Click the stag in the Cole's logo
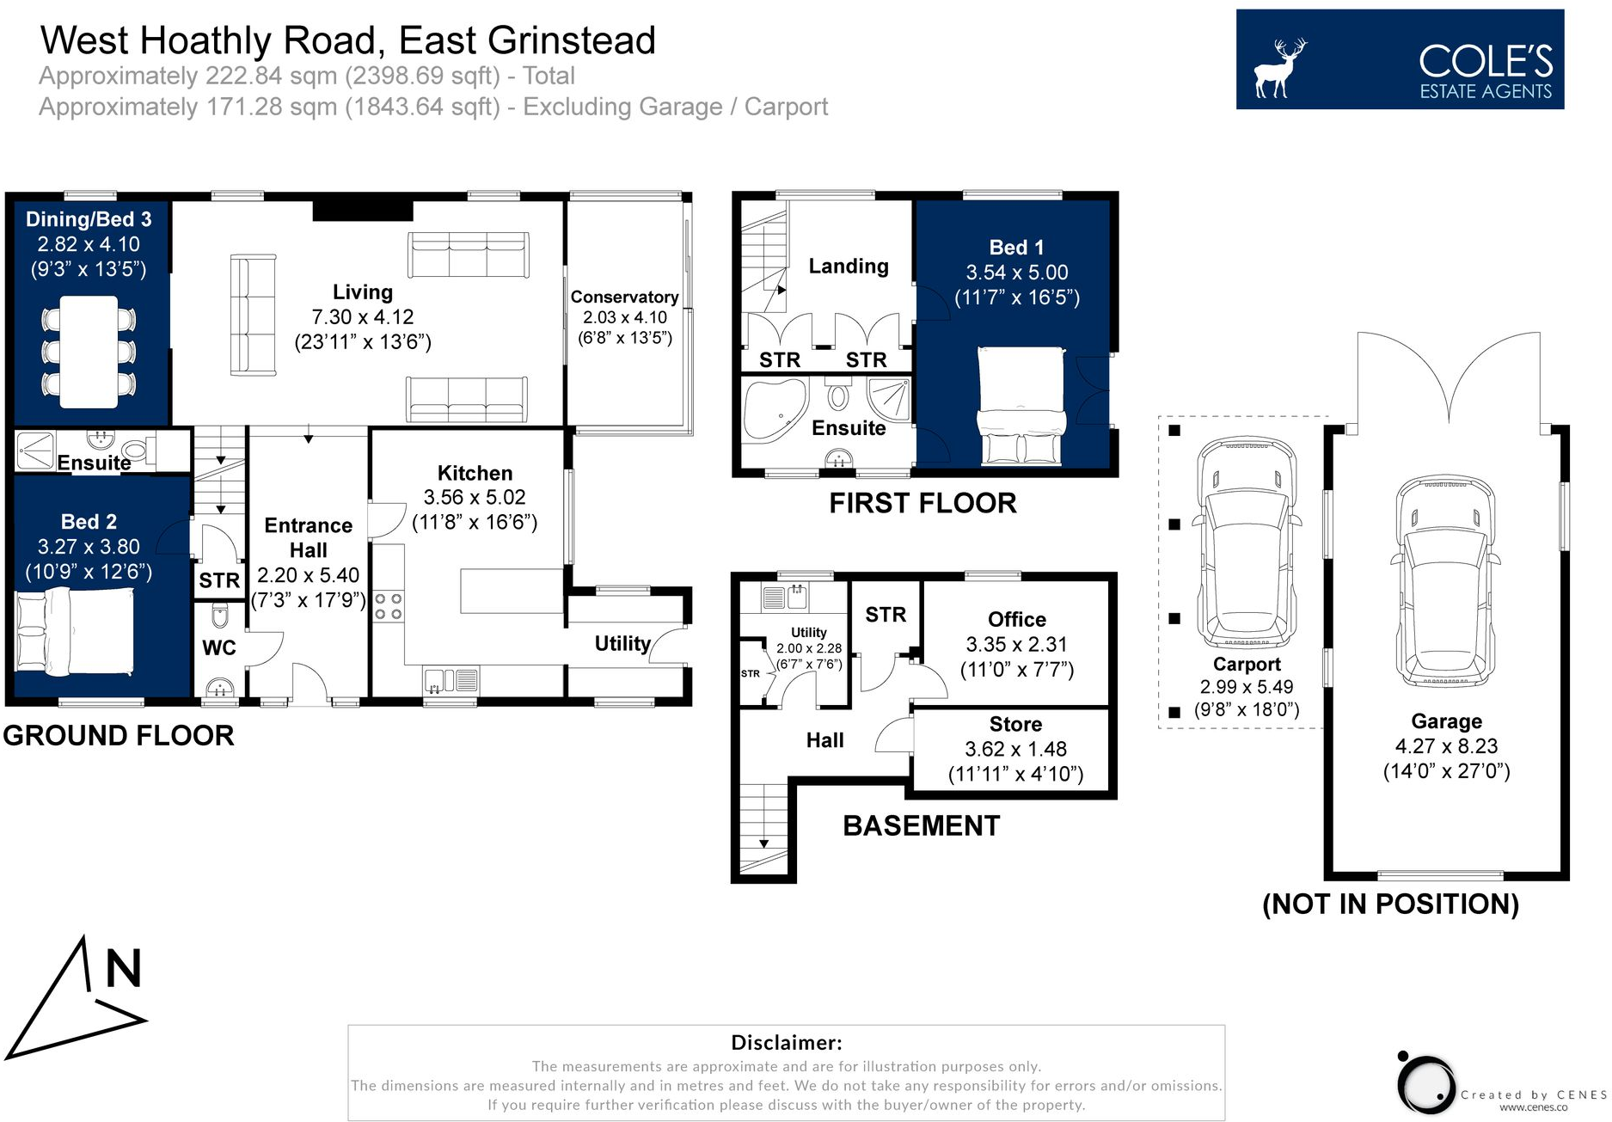coord(1279,69)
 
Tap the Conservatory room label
coord(624,297)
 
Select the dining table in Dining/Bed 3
coord(89,352)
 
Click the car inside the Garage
coord(1445,580)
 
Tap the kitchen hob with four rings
coord(389,606)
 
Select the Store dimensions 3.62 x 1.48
coord(1015,749)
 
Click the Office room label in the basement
coord(1016,620)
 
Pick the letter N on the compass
coord(123,969)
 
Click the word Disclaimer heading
coord(786,1043)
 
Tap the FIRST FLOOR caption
coord(922,503)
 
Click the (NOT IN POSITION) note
coord(1390,904)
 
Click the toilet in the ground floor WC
coord(219,615)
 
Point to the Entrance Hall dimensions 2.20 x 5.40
coord(308,575)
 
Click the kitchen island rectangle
coord(511,591)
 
